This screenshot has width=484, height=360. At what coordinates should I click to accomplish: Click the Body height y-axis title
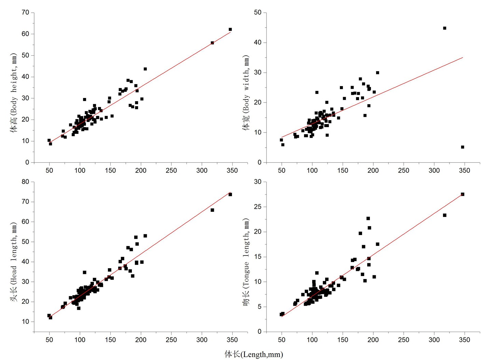(14, 93)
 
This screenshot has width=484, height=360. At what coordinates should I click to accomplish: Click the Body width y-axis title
(246, 93)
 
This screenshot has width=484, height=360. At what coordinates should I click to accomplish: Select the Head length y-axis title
(14, 262)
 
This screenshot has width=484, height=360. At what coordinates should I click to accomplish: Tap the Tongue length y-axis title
(246, 262)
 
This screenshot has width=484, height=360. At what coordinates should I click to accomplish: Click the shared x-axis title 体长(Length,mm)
(253, 354)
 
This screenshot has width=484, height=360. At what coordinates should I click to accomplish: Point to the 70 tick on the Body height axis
(26, 13)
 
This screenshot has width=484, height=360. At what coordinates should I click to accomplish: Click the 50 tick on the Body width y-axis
(258, 13)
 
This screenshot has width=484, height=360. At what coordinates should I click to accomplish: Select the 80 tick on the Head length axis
(26, 182)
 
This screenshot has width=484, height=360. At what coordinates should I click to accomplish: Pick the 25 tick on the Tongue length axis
(258, 207)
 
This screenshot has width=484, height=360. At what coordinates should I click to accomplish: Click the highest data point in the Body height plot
(230, 29)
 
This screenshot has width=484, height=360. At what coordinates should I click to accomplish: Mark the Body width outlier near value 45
(445, 28)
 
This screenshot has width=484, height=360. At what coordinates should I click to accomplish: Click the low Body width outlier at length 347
(462, 147)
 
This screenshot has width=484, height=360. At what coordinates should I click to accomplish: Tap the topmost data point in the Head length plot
(230, 194)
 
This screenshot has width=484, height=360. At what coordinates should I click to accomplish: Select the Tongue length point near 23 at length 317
(445, 215)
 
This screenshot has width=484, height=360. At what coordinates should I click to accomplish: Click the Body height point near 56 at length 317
(212, 43)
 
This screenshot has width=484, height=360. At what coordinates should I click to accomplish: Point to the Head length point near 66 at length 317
(212, 210)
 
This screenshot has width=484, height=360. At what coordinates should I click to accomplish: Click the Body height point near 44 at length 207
(145, 69)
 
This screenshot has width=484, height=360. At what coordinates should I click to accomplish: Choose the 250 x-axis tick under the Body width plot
(403, 170)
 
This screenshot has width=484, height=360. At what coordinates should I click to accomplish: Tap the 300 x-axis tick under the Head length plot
(202, 340)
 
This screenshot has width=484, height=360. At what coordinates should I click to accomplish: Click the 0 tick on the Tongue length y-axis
(260, 332)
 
